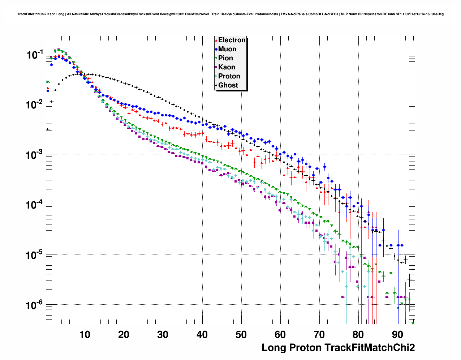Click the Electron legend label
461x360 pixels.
232,40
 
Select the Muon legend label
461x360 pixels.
227,49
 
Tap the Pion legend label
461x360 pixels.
225,58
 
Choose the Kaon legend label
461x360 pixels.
227,67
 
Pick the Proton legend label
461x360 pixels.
229,76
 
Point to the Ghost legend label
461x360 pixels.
228,85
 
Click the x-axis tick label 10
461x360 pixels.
85,335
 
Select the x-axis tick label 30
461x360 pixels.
163,335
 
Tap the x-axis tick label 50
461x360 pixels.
241,335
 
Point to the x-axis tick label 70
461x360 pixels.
319,335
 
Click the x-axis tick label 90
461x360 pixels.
397,335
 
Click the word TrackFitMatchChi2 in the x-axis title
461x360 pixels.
369,348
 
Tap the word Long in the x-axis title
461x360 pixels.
273,348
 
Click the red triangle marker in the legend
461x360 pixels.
216,40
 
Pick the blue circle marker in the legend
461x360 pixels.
216,49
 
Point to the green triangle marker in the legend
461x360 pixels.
216,58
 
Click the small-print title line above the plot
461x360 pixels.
230,14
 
